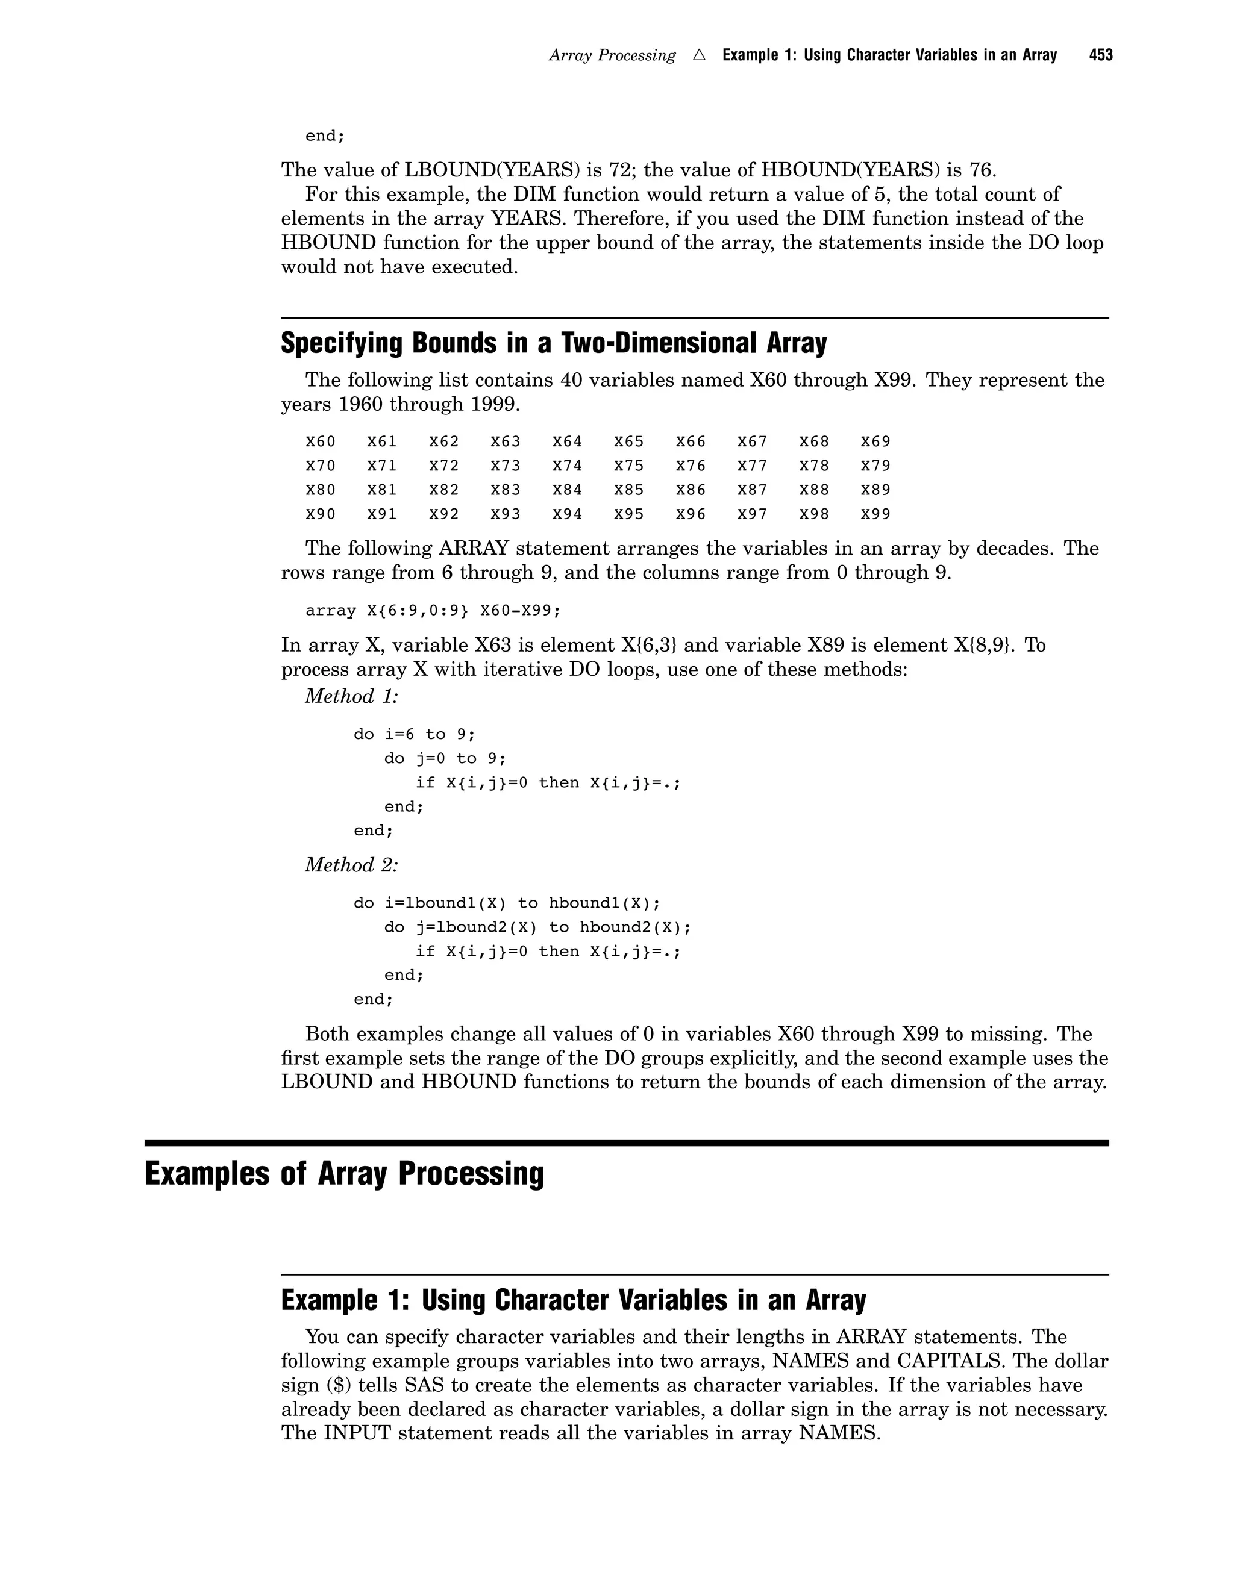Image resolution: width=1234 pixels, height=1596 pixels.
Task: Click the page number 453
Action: (1100, 55)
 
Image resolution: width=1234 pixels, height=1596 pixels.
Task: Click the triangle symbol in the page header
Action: (699, 55)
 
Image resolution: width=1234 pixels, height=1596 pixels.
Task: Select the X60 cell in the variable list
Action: (320, 441)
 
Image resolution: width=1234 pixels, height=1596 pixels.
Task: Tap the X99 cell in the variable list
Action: (875, 514)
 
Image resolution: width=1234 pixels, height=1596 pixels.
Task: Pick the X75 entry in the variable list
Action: (628, 466)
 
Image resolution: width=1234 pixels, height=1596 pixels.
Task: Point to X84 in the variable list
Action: (567, 490)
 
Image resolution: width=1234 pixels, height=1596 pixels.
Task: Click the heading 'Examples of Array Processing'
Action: (344, 1174)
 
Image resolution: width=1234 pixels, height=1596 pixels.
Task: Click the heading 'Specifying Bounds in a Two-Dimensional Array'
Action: (553, 343)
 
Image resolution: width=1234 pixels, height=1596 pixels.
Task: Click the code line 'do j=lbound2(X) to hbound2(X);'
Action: (537, 927)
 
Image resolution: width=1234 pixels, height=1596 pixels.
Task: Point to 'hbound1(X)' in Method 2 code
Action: (604, 903)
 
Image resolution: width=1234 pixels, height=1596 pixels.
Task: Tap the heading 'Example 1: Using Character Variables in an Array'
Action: (573, 1301)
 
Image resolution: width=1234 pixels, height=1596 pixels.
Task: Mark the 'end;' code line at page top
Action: (325, 136)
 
